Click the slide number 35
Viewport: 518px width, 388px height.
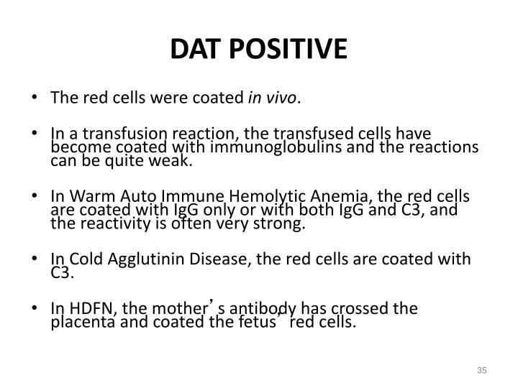point(482,370)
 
